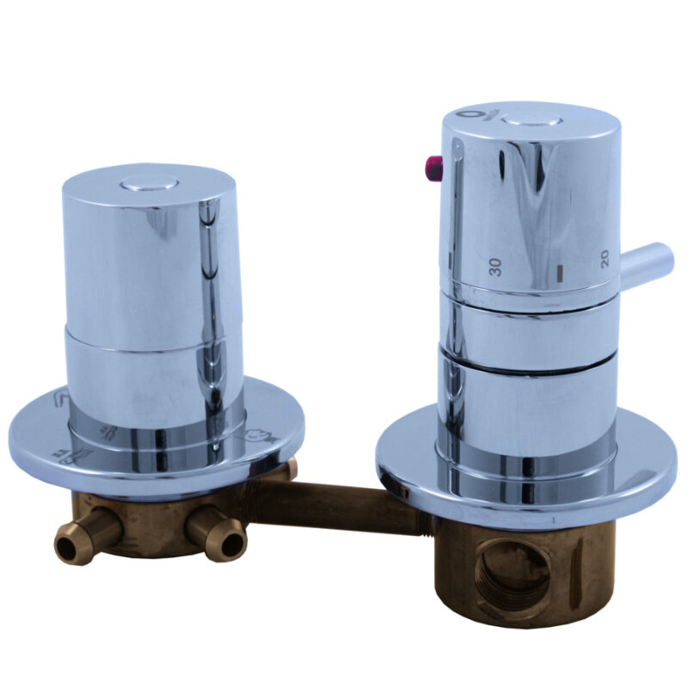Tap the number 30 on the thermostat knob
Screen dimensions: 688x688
(x=495, y=267)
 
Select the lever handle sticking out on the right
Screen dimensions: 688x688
(x=646, y=262)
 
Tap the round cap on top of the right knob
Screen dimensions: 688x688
(x=531, y=120)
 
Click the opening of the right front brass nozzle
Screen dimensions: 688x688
(x=231, y=545)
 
